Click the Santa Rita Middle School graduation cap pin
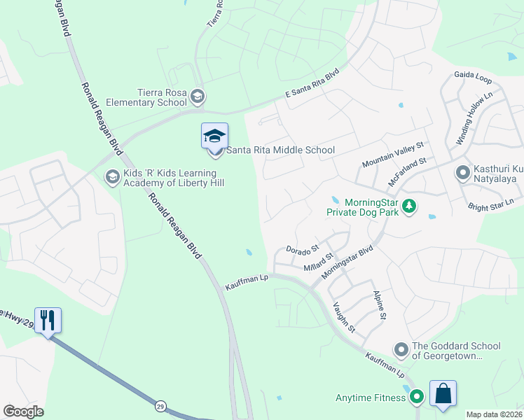click(x=214, y=137)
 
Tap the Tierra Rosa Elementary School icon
click(x=198, y=96)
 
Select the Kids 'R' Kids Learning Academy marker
click(x=111, y=178)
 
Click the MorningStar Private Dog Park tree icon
click(x=411, y=206)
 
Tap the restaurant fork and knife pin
click(x=48, y=321)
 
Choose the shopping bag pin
click(x=443, y=394)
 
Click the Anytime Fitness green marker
click(x=417, y=398)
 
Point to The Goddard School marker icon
click(x=401, y=349)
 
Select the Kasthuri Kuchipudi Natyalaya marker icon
click(x=462, y=171)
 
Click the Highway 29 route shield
click(x=160, y=405)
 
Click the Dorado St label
click(x=303, y=248)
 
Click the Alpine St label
click(x=380, y=305)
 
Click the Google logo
click(x=23, y=412)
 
